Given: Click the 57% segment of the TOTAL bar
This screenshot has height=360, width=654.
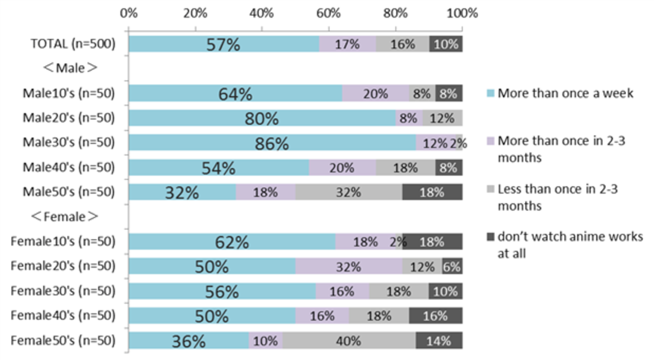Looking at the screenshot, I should tap(223, 44).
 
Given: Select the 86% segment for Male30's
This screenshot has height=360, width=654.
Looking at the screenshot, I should tap(272, 143).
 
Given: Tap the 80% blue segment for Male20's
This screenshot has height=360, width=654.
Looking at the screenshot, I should tap(262, 118).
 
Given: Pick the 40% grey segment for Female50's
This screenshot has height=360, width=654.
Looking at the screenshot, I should tap(349, 341).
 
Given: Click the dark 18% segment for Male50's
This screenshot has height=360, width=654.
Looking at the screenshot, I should tap(432, 192).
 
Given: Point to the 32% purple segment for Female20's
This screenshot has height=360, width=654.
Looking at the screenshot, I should tap(348, 266).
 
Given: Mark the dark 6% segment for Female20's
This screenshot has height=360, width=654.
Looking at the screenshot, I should tap(452, 266).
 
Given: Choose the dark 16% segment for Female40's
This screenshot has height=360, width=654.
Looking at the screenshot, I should tap(435, 316).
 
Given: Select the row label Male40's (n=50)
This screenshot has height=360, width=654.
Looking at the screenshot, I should tap(68, 167).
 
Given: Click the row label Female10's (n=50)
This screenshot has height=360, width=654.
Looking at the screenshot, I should tap(63, 241).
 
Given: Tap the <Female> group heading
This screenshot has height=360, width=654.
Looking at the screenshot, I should tap(65, 216).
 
